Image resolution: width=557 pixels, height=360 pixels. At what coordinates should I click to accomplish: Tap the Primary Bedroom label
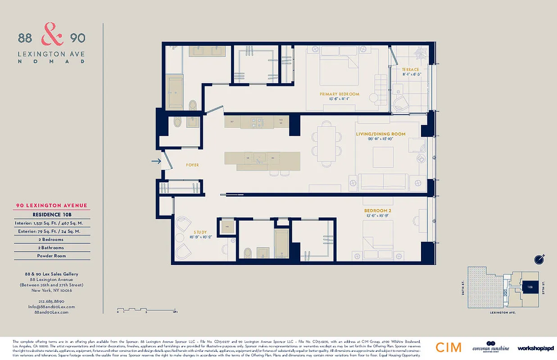pos(340,94)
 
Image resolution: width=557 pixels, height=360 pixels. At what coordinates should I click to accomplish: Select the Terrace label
pos(410,69)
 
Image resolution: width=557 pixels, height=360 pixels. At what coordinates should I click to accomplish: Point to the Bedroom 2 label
pos(377,211)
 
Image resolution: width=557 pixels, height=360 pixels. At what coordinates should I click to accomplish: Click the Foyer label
pos(192,165)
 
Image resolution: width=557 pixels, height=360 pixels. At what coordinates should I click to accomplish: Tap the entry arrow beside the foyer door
pos(156,161)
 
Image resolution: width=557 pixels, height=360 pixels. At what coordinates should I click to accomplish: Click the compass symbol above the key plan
pos(539,259)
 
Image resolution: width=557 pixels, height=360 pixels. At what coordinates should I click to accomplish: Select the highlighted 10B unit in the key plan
pos(530,286)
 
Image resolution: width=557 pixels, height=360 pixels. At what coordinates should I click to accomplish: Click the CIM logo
pos(448,347)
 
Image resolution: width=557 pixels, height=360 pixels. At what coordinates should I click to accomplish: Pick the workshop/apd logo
pos(535,348)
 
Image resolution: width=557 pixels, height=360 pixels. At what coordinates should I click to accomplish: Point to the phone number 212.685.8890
pos(51,301)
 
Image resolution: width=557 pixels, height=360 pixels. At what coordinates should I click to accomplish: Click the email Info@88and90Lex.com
pos(51,306)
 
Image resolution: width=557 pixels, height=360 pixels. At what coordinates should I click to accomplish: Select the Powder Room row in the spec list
pos(51,256)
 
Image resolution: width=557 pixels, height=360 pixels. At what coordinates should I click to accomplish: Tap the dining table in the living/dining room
pos(326,143)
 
